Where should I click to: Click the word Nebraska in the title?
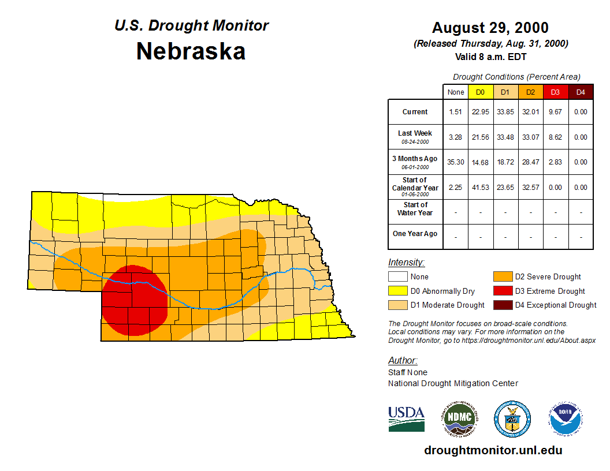[x=191, y=51]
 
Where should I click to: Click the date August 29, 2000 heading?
[x=490, y=28]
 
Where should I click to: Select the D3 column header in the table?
[x=555, y=92]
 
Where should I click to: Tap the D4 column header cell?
[x=581, y=92]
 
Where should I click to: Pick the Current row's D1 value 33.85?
[x=505, y=112]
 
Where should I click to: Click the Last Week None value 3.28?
[x=456, y=137]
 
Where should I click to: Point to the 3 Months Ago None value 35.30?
[x=456, y=162]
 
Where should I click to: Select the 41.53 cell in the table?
[x=481, y=188]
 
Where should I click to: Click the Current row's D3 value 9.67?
[x=555, y=112]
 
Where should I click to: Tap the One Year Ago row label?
[x=415, y=234]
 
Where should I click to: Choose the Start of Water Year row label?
[x=415, y=209]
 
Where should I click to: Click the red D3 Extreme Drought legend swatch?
[x=501, y=291]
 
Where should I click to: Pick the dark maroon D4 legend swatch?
[x=501, y=305]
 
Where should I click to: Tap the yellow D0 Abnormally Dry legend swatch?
[x=397, y=291]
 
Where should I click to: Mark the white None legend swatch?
[x=397, y=277]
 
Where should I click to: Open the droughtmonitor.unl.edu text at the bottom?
[x=493, y=450]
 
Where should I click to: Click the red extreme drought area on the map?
[x=135, y=300]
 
